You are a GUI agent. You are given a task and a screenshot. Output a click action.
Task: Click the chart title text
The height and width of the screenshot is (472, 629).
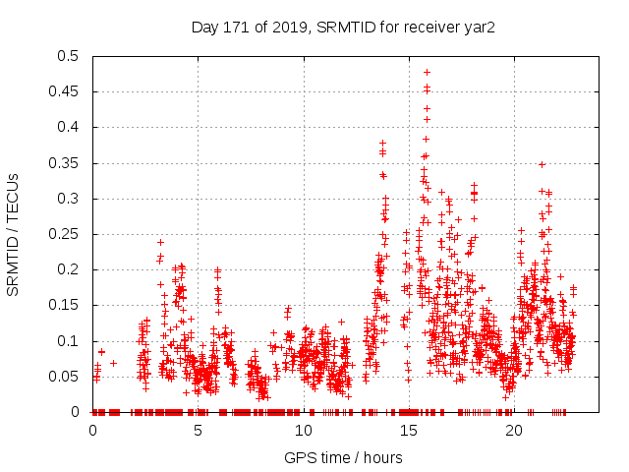342,27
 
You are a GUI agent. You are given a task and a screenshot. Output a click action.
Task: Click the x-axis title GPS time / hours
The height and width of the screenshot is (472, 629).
342,457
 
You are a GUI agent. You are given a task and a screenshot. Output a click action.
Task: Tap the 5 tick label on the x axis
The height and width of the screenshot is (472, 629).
198,431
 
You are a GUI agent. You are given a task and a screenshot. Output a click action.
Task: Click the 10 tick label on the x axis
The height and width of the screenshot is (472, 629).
303,431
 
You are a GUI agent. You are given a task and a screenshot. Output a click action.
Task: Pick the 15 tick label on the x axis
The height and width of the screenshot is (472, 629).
408,431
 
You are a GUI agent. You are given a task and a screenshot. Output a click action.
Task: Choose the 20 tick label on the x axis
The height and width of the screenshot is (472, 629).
513,431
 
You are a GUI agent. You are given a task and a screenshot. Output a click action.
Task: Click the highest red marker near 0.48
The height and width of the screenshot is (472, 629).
427,72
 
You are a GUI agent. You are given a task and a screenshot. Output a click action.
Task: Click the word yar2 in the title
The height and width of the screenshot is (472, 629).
479,27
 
